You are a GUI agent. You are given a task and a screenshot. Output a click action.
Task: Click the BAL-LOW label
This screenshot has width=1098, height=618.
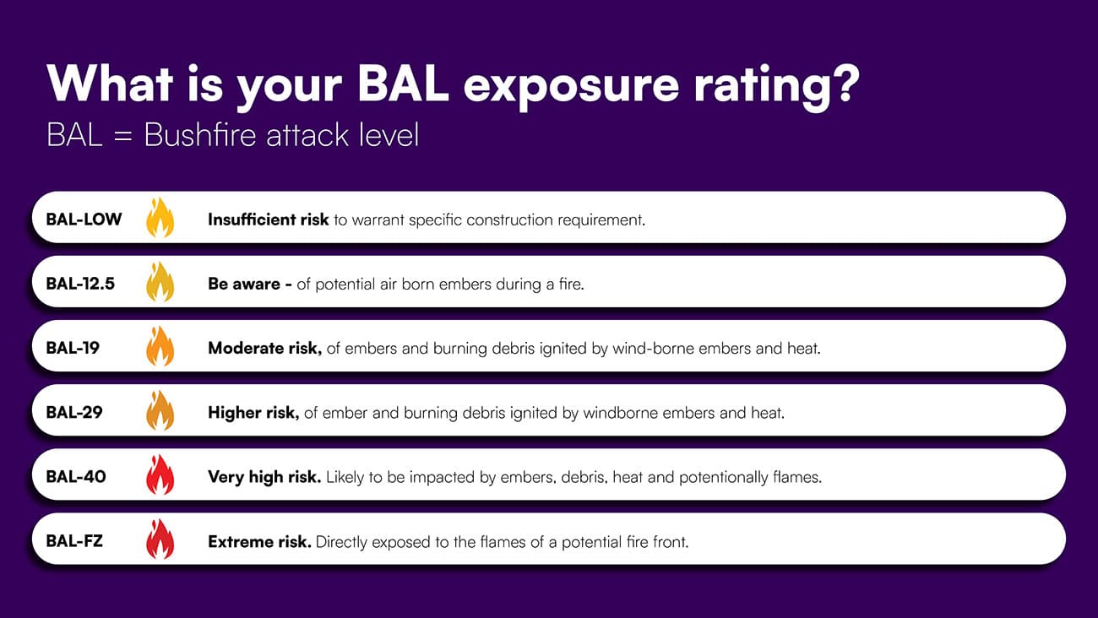click(84, 219)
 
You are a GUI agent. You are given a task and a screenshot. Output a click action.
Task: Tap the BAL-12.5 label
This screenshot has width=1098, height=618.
click(80, 284)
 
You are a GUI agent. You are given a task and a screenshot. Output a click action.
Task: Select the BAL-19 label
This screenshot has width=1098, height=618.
click(73, 348)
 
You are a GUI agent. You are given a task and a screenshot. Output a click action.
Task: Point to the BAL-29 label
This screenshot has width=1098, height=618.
click(74, 413)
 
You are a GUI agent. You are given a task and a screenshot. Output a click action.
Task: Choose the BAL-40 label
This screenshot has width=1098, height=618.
click(76, 477)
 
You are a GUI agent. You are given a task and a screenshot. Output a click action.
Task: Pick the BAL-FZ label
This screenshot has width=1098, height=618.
click(74, 541)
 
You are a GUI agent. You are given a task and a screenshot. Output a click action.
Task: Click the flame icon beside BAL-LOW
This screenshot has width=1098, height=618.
click(160, 218)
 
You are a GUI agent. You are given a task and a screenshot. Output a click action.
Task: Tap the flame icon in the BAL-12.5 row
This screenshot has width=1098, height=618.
click(160, 282)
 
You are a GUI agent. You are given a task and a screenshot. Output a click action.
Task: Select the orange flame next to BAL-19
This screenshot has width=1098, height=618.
click(160, 346)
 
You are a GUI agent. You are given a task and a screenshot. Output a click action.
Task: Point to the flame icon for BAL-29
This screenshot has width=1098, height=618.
click(160, 411)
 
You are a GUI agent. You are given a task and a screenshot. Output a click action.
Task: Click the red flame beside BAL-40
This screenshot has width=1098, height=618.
click(160, 475)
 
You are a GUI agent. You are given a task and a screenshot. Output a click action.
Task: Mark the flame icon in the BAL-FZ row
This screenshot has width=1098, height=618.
click(160, 539)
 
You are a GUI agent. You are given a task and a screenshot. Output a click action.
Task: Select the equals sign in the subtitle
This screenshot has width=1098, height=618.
click(122, 136)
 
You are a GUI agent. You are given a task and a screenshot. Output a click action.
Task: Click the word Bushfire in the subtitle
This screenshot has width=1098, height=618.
click(199, 134)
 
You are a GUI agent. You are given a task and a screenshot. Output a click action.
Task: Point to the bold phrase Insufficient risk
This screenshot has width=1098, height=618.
click(268, 220)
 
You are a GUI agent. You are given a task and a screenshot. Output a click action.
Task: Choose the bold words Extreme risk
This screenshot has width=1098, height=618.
click(259, 541)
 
